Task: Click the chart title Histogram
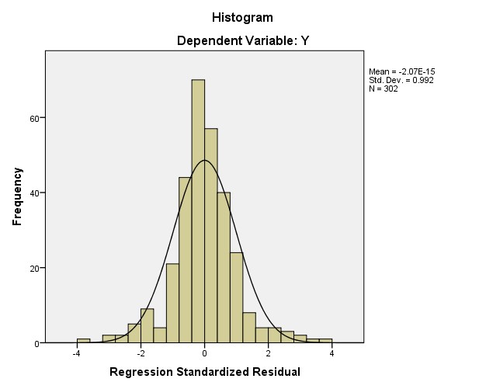pyautogui.click(x=242, y=17)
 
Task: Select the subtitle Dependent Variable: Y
pyautogui.click(x=241, y=40)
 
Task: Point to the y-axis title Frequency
pyautogui.click(x=17, y=197)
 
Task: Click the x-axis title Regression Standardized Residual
pyautogui.click(x=205, y=372)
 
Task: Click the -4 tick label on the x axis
pyautogui.click(x=76, y=353)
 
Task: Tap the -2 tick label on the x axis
pyautogui.click(x=140, y=353)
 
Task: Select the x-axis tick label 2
pyautogui.click(x=268, y=353)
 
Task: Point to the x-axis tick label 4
pyautogui.click(x=332, y=353)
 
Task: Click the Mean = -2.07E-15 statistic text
pyautogui.click(x=401, y=71)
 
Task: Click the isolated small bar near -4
pyautogui.click(x=83, y=340)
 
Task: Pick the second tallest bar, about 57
pyautogui.click(x=211, y=233)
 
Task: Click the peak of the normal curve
pyautogui.click(x=204, y=161)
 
